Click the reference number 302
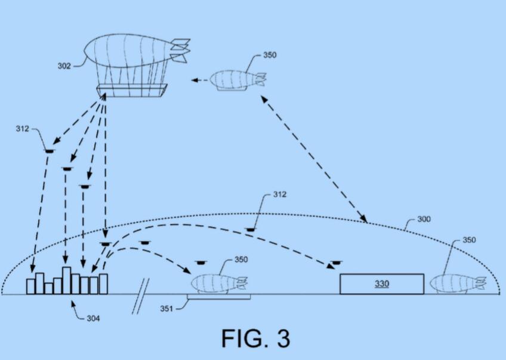point(64,66)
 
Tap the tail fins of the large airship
point(179,50)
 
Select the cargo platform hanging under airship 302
point(131,90)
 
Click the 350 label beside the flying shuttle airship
point(269,56)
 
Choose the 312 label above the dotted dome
point(279,195)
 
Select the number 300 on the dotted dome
point(423,219)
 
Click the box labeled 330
point(381,284)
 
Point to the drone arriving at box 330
point(338,262)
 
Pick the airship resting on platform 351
point(218,282)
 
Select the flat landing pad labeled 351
point(218,296)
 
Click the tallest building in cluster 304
point(66,280)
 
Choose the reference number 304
point(92,318)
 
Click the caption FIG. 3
point(255,338)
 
